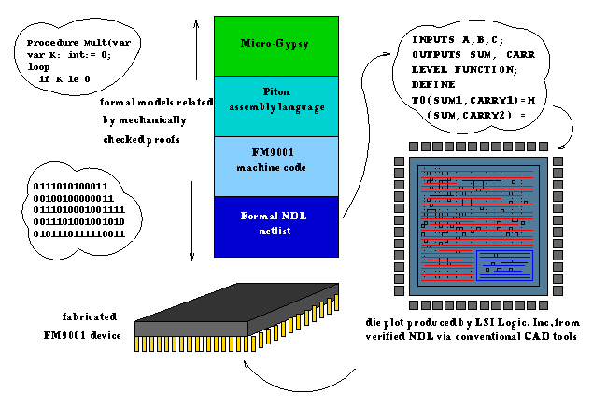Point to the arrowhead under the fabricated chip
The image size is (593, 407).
(x=245, y=374)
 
